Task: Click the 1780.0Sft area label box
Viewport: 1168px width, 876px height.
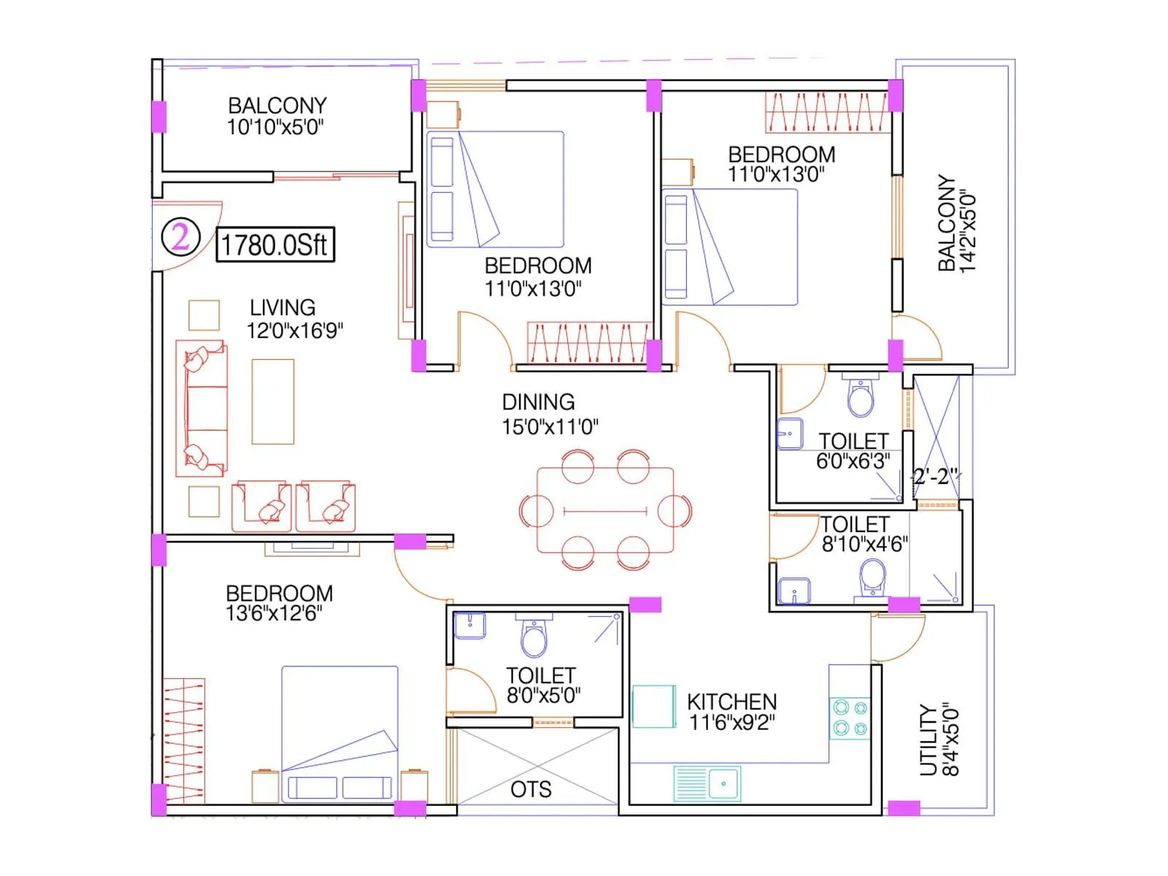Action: click(x=275, y=244)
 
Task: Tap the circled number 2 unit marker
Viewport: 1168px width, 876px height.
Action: click(x=180, y=237)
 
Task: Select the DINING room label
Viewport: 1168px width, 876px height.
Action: click(x=539, y=402)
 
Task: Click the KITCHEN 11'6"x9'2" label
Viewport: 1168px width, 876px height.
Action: click(x=731, y=712)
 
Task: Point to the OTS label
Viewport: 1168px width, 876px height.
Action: click(x=531, y=789)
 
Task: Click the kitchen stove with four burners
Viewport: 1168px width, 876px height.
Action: click(x=850, y=718)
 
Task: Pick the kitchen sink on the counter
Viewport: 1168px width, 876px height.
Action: click(x=707, y=783)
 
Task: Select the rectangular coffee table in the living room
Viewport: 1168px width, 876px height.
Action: click(x=273, y=401)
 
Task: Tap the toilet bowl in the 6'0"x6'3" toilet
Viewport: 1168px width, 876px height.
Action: click(x=861, y=399)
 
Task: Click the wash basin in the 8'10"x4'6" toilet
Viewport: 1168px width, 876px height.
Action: click(x=794, y=591)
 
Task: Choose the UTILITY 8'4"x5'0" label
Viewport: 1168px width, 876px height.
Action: click(x=939, y=739)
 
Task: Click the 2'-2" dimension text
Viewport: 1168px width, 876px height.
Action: click(x=934, y=477)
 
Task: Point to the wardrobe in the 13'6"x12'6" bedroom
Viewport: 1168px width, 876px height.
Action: click(x=183, y=741)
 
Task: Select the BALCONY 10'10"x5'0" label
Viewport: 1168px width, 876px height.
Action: click(x=276, y=116)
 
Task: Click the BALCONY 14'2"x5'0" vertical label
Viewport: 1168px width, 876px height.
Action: click(x=956, y=223)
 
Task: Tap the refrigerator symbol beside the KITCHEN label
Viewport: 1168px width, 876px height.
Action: click(x=653, y=706)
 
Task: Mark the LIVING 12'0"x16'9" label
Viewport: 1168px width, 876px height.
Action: click(x=293, y=319)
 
